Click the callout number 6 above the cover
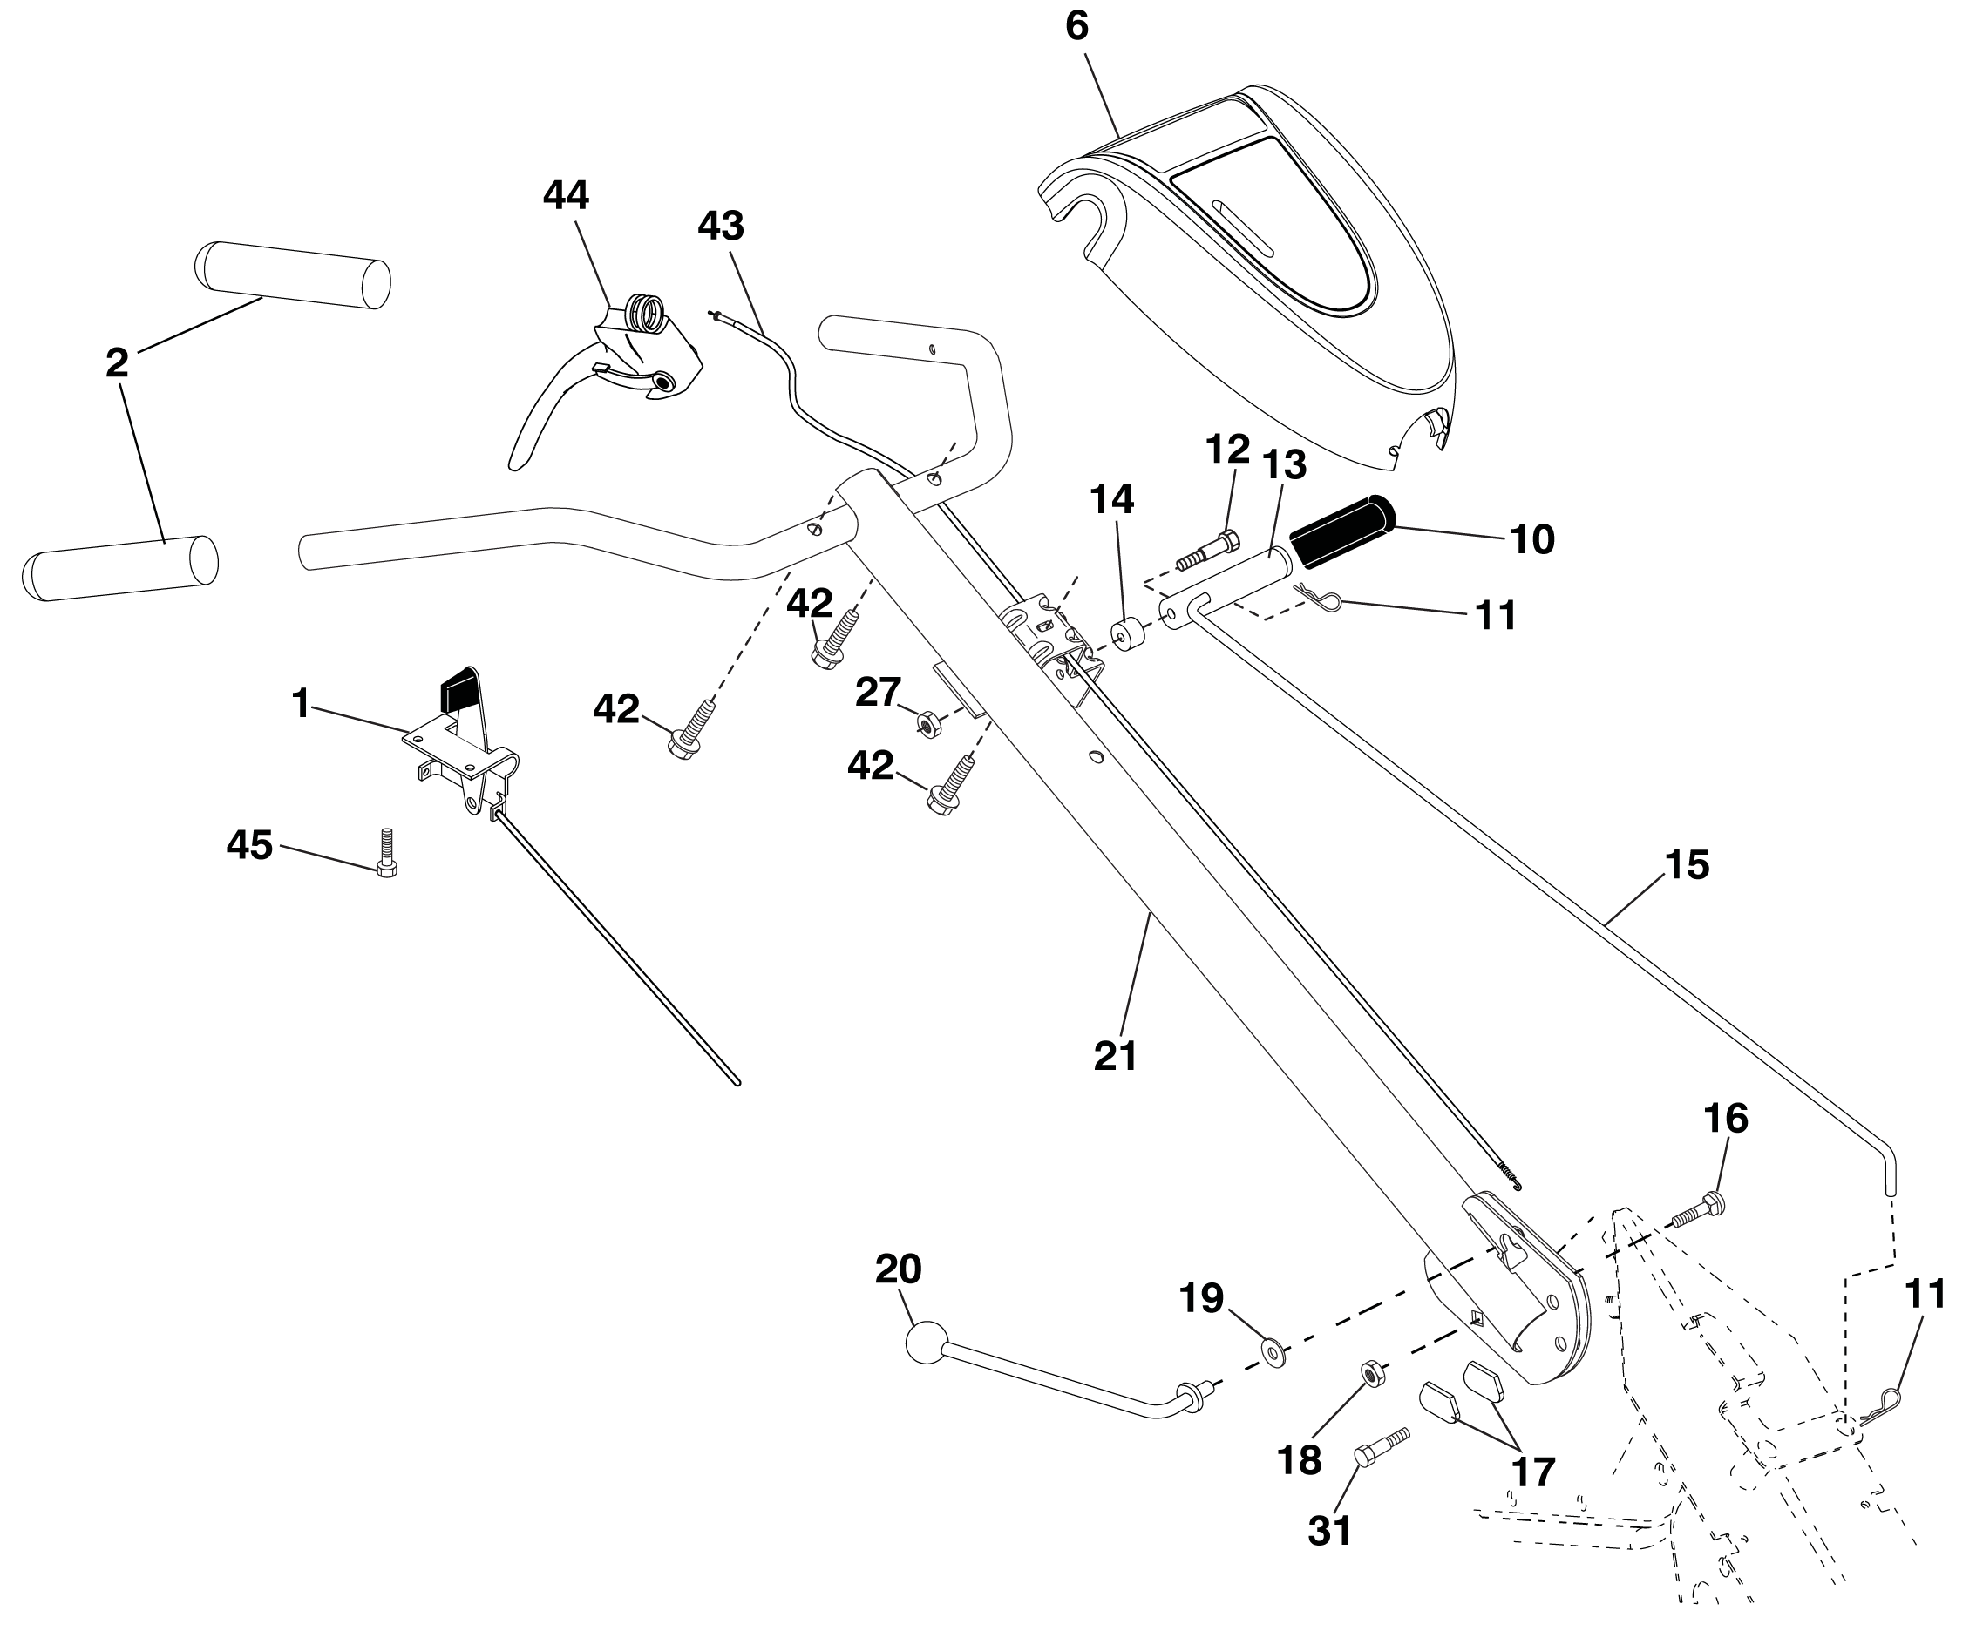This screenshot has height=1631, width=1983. coord(1076,25)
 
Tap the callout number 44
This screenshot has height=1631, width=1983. coord(566,195)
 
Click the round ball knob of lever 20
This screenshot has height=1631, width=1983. coord(927,1342)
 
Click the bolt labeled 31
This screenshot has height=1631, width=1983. coord(1382,1447)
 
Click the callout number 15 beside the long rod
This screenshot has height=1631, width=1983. coord(1687,865)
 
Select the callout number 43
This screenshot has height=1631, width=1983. coord(721,226)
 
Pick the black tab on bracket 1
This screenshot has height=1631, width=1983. coord(458,691)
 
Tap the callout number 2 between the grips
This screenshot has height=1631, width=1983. coord(117,362)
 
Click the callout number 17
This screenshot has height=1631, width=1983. coord(1533,1472)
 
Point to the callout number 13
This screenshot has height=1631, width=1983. coord(1284,464)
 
